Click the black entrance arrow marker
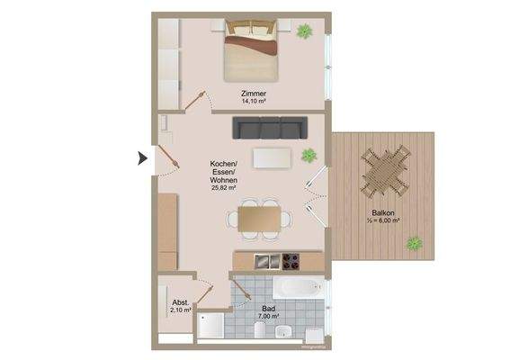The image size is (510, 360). click(142, 159)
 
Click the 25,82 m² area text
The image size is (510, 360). click(223, 188)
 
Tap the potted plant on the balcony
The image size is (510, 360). click(415, 242)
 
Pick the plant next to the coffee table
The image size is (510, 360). click(309, 154)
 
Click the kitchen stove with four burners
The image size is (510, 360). click(291, 262)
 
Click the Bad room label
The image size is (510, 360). click(267, 307)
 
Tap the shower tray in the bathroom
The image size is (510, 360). click(212, 326)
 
